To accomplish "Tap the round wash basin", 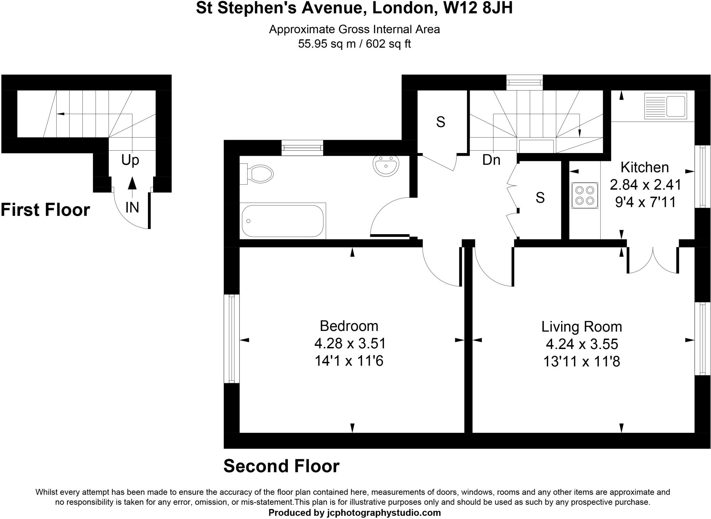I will tap(386, 165).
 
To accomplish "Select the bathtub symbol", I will tap(283, 221).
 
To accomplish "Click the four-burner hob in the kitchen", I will tap(585, 195).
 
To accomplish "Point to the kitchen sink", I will tap(665, 106).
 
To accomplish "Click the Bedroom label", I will tap(349, 326).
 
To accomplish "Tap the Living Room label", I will tap(582, 327).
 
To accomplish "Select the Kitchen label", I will tap(644, 168).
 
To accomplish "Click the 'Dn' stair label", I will tap(491, 160).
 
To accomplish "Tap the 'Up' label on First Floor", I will tap(130, 160).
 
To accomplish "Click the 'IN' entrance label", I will tap(132, 207).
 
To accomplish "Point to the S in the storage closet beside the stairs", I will tap(441, 122).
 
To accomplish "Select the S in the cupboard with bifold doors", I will tap(540, 198).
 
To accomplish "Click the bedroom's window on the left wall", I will tap(232, 339).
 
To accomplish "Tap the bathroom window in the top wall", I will tap(302, 148).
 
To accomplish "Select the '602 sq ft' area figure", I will tap(388, 44).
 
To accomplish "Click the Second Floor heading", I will tap(281, 466).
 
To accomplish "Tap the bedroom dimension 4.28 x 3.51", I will tap(350, 343).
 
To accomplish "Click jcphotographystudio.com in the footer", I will tap(384, 513).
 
